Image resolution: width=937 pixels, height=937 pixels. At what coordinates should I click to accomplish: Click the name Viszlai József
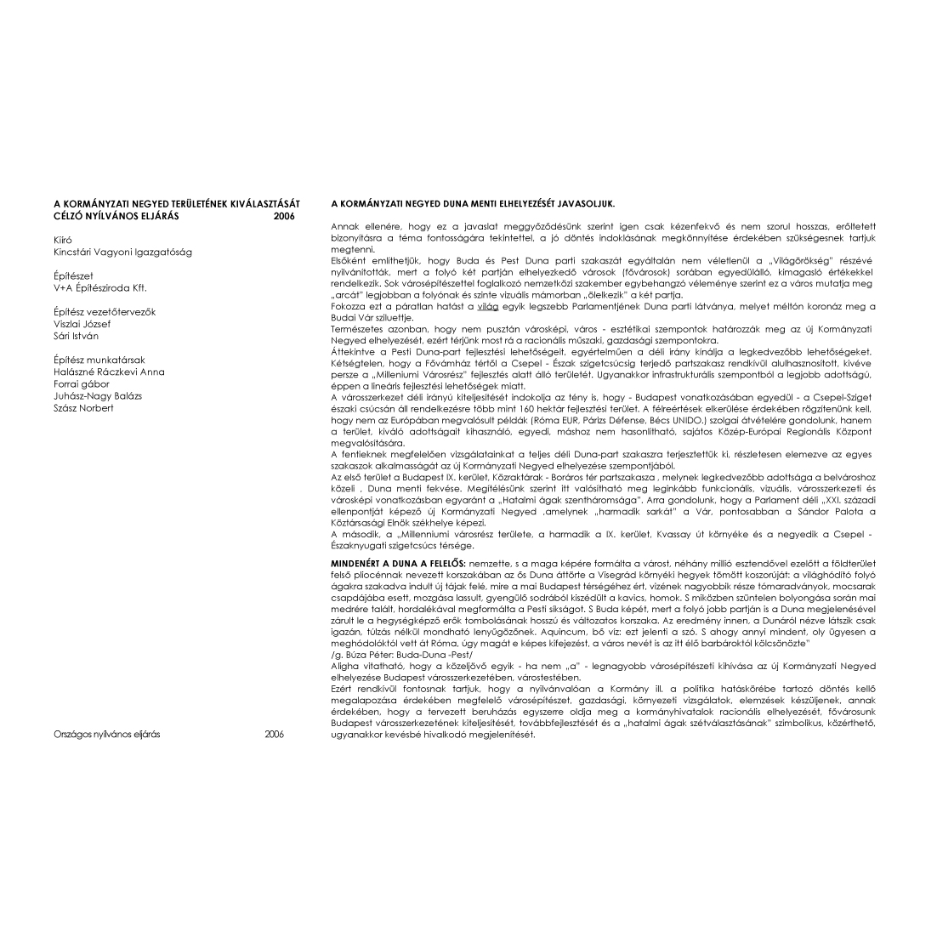pyautogui.click(x=82, y=324)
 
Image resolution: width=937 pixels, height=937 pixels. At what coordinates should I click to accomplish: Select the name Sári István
pyautogui.click(x=76, y=336)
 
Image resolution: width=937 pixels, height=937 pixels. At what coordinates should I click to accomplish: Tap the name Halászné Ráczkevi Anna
pyautogui.click(x=109, y=372)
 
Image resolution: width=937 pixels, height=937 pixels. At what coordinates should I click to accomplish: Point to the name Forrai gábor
pyautogui.click(x=82, y=383)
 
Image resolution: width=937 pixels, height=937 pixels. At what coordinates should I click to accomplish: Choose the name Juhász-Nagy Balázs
pyautogui.click(x=98, y=395)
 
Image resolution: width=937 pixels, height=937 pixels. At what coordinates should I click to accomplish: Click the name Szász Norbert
pyautogui.click(x=83, y=407)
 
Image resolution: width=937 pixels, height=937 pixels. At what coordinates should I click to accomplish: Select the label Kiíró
pyautogui.click(x=63, y=240)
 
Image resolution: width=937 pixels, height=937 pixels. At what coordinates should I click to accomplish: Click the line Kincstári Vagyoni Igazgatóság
pyautogui.click(x=122, y=252)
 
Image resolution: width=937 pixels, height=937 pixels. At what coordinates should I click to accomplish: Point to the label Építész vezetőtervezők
pyautogui.click(x=105, y=312)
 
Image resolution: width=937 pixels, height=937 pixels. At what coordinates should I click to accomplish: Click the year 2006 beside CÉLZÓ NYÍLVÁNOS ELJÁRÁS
pyautogui.click(x=284, y=216)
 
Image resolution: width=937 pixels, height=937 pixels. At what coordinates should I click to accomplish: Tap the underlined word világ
pyautogui.click(x=487, y=306)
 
